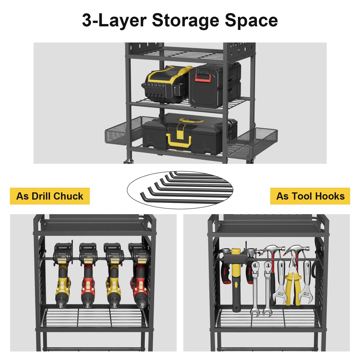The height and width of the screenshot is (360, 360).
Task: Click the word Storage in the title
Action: click(x=186, y=21)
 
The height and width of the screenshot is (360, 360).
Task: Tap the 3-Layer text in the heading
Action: click(x=114, y=21)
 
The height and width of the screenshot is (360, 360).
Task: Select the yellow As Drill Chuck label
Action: click(x=50, y=196)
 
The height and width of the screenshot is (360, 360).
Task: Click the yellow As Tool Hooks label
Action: click(x=310, y=196)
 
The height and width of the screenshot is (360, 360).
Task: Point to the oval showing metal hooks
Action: click(x=180, y=190)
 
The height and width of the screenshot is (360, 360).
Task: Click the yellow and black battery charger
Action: click(x=166, y=85)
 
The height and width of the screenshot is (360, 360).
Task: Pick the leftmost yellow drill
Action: click(x=63, y=276)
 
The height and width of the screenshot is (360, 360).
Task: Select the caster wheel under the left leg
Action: click(x=128, y=161)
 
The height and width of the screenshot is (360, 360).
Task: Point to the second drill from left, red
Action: click(x=88, y=276)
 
